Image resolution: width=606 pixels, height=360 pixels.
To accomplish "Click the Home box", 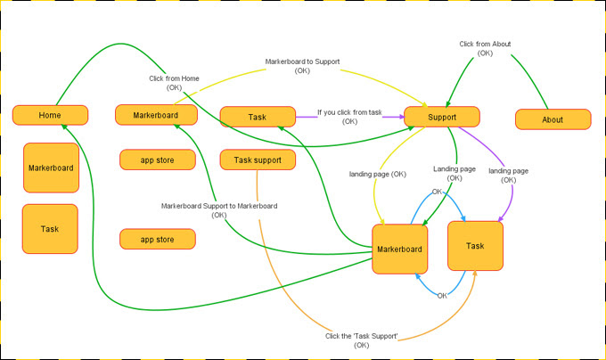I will click(50, 115).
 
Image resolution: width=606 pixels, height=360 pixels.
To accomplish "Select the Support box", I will click(441, 117).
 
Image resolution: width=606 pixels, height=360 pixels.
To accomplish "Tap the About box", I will click(553, 119).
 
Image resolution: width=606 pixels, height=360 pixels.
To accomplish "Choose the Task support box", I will click(258, 160).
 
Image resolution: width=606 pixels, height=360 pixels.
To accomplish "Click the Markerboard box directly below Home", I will click(51, 168).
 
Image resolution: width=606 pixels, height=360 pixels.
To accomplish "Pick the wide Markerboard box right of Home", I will click(156, 115).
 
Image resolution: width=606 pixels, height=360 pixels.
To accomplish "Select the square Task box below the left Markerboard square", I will click(50, 229).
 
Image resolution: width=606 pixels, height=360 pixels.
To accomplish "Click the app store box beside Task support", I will click(158, 160).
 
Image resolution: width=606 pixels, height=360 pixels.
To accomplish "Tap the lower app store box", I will click(158, 239).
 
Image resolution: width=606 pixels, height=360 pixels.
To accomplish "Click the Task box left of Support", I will click(258, 117).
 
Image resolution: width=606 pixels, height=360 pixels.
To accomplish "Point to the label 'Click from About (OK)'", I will click(485, 48).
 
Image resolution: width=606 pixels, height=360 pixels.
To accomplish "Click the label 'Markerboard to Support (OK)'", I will click(302, 66).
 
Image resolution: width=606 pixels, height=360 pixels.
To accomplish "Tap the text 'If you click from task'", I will click(349, 112).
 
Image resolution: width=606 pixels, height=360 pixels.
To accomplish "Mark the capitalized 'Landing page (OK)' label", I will click(454, 173).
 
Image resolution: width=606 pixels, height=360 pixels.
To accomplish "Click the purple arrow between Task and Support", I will click(306, 116).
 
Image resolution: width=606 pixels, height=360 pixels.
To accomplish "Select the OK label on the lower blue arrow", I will click(442, 295).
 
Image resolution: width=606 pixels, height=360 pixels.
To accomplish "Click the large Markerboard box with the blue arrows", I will click(398, 249).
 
